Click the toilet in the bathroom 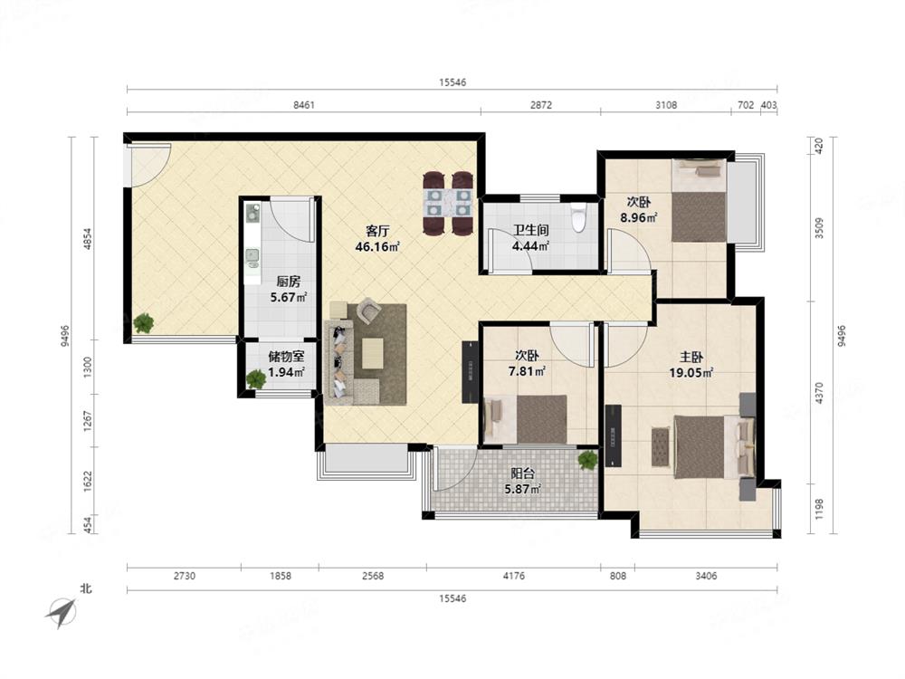[577, 217]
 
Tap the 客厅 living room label [377, 232]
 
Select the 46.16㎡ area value [377, 247]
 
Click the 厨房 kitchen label [288, 282]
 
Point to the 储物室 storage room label [286, 358]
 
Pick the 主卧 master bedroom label [691, 358]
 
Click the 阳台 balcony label [522, 473]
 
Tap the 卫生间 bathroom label [530, 230]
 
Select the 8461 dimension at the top [304, 105]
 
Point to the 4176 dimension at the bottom [514, 576]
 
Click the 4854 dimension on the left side [88, 239]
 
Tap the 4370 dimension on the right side [819, 393]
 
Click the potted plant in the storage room [256, 378]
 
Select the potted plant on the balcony [587, 460]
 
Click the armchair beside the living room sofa [368, 311]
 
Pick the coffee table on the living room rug [372, 353]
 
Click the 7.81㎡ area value [527, 371]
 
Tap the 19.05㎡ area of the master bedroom [691, 373]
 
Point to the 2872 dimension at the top [541, 105]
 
